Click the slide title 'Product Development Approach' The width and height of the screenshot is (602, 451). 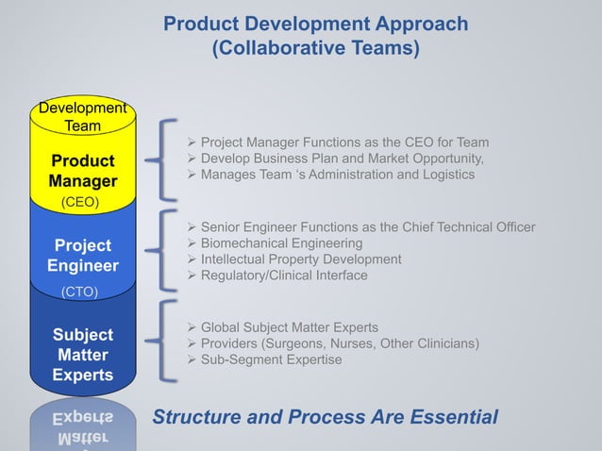point(315,24)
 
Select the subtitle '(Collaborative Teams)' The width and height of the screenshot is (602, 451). point(315,48)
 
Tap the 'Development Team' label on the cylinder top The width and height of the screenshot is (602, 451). point(83,118)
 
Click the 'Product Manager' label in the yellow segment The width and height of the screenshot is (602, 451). point(83,171)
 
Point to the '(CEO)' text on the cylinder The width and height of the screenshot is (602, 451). point(80,202)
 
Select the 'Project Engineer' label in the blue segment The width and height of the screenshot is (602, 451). point(83,256)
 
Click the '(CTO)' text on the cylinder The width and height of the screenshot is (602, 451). point(80,292)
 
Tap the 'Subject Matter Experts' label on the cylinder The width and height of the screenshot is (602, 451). point(83,355)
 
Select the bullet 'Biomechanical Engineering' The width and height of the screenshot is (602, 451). point(282,243)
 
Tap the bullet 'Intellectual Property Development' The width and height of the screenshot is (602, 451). point(301,259)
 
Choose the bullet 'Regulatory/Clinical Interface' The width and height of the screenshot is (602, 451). point(284,276)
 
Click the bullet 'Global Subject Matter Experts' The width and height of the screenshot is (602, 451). point(290,327)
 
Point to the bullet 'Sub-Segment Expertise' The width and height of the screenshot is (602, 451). point(272,359)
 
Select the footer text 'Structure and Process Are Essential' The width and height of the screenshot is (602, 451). point(326,417)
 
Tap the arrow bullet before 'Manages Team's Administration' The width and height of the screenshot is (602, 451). point(192,175)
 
